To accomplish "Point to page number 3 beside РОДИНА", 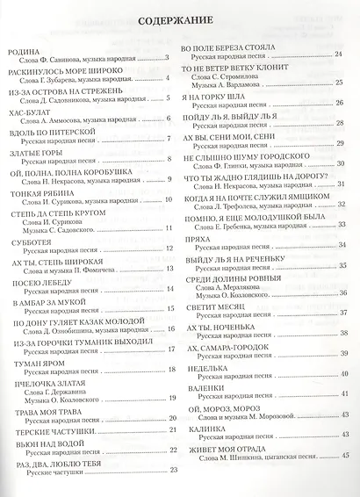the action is (x=166, y=58).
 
